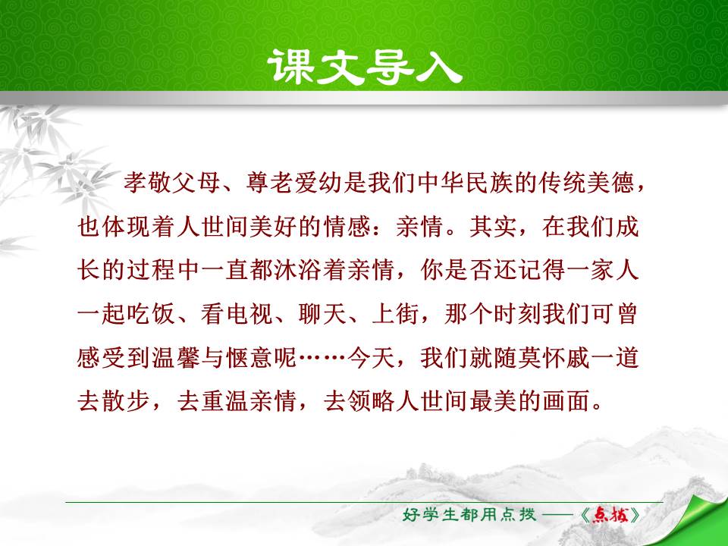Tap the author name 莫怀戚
coord(560,359)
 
